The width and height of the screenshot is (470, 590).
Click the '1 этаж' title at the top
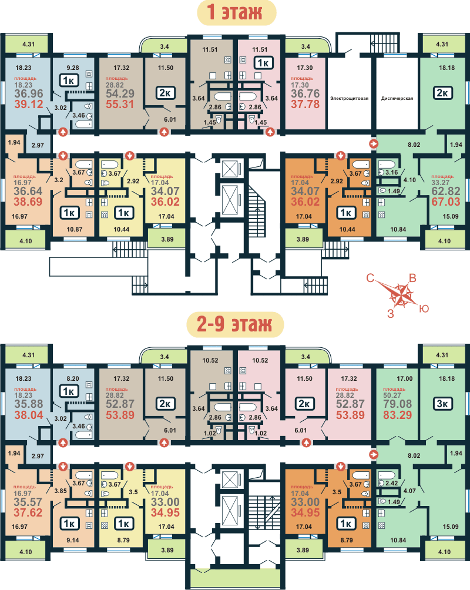click(234, 12)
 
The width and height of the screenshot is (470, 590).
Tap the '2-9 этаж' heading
click(234, 324)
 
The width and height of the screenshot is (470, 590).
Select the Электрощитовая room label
click(349, 99)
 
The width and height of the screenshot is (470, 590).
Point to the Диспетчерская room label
click(397, 99)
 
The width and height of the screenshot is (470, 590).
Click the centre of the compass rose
click(402, 295)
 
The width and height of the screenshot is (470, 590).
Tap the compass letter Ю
click(424, 309)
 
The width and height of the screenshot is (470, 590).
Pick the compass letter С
click(370, 278)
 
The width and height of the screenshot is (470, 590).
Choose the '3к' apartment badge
click(442, 404)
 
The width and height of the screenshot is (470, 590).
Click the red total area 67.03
click(446, 202)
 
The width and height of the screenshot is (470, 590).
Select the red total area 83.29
click(397, 415)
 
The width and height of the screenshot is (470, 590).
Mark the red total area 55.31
click(120, 104)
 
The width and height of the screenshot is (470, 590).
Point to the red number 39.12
click(29, 104)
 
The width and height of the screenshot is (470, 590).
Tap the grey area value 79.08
click(397, 404)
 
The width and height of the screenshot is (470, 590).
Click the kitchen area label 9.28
click(73, 68)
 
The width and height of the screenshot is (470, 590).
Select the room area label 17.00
click(405, 378)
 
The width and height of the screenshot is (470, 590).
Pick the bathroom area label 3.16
click(392, 172)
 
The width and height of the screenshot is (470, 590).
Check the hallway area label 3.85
click(60, 491)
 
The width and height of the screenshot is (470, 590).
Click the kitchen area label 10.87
click(75, 229)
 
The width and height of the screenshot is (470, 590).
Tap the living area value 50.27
click(392, 395)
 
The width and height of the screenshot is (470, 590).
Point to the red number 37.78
click(305, 104)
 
